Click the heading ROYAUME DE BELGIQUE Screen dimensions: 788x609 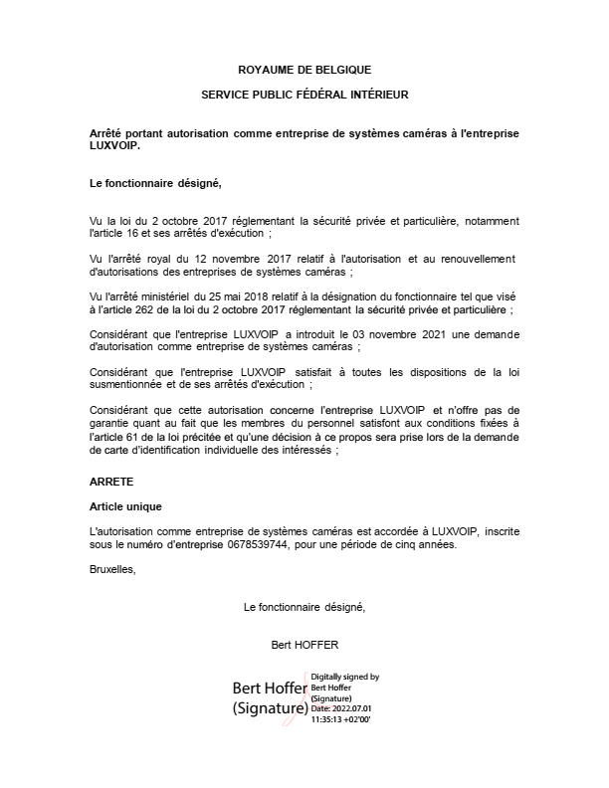[x=304, y=70]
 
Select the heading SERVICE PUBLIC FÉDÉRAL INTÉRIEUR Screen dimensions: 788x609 [x=304, y=95]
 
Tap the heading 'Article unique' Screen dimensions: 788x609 [x=125, y=506]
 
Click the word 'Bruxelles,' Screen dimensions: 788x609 [x=112, y=570]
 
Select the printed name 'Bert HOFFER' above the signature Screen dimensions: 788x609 [x=304, y=644]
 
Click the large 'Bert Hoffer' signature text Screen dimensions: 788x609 [x=270, y=689]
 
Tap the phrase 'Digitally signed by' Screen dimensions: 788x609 [x=345, y=677]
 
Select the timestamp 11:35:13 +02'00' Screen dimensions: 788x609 [x=341, y=717]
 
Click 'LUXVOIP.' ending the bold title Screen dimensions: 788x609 [x=114, y=145]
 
